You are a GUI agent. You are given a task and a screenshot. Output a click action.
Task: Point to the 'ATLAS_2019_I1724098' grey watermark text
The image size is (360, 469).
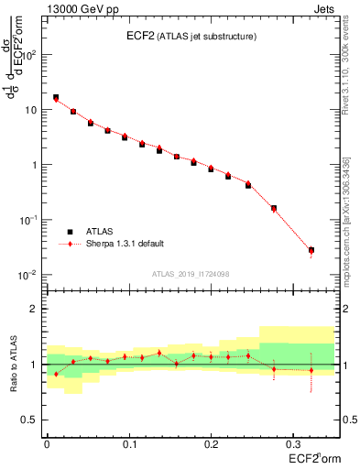coord(192,275)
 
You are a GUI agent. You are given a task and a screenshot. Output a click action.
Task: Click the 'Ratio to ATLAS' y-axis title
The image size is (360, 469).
coord(16,365)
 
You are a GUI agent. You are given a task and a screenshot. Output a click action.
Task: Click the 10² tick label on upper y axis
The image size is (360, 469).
coord(31,54)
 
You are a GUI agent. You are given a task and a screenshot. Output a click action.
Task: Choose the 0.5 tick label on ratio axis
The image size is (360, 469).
coord(31,420)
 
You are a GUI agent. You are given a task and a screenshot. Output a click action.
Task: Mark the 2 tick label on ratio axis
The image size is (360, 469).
coord(35,309)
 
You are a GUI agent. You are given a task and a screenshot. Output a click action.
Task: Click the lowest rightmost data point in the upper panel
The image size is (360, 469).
coord(311,250)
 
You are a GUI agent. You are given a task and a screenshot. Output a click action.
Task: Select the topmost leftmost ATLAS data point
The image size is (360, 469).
coord(56,97)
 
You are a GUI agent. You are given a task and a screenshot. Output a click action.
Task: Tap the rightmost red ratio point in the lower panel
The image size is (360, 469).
coord(311,371)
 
